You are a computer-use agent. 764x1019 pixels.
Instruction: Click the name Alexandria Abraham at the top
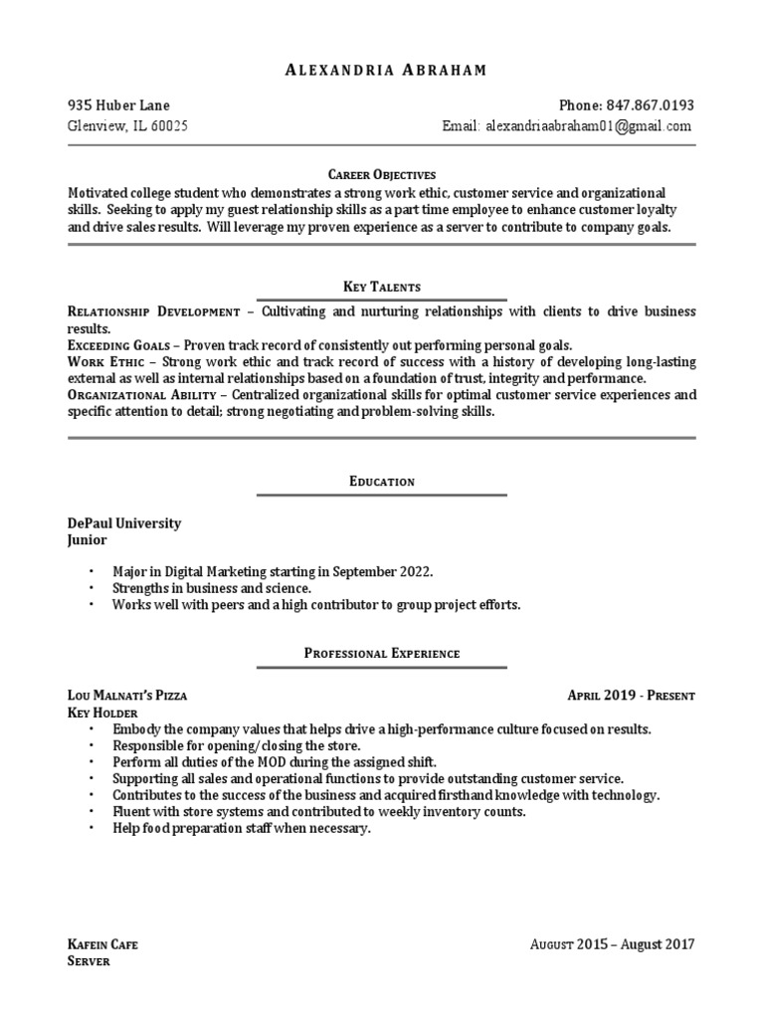(x=381, y=70)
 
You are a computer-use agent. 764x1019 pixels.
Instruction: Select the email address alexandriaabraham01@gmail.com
(x=588, y=126)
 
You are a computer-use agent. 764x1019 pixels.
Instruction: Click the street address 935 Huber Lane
(x=118, y=105)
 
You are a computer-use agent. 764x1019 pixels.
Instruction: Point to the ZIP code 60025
(x=169, y=126)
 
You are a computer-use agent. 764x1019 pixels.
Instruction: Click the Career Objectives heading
(x=382, y=174)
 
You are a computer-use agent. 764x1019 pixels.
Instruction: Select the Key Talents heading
(x=382, y=287)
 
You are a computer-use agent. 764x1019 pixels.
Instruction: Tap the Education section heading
(x=382, y=482)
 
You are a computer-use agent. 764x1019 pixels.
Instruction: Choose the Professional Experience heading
(x=382, y=654)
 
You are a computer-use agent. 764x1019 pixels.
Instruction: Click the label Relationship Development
(x=153, y=311)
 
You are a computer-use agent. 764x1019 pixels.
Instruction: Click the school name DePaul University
(x=124, y=523)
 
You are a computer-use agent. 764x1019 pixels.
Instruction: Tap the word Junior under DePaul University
(x=87, y=540)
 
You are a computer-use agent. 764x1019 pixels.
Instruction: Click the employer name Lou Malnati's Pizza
(x=126, y=696)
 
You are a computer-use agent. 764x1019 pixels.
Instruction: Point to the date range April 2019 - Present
(x=631, y=696)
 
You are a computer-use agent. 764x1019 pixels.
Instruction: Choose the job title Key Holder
(x=102, y=713)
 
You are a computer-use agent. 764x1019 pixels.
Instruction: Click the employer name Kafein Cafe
(x=102, y=944)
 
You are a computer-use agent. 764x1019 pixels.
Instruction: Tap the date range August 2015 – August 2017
(x=612, y=944)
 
